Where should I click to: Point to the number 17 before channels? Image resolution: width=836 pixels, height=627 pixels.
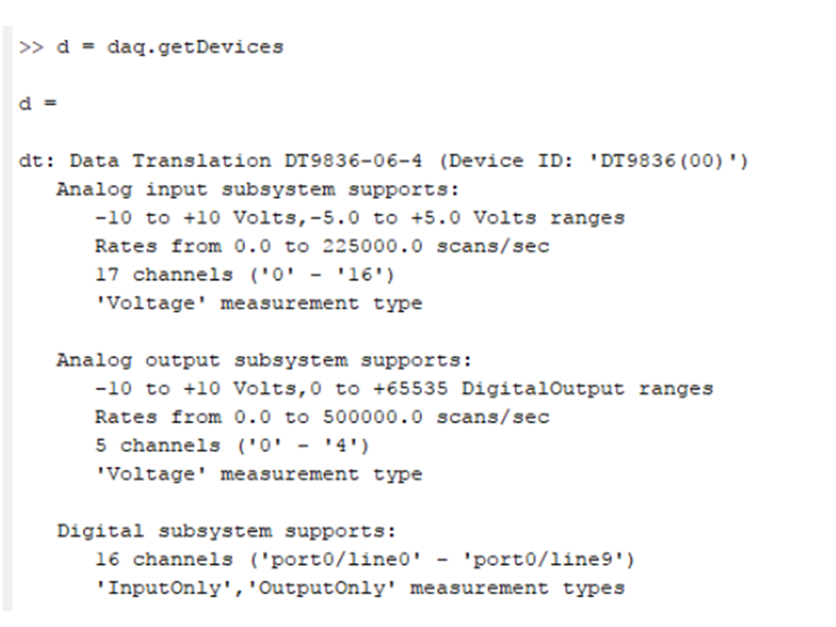(107, 274)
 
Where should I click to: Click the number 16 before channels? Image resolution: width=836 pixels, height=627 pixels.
(107, 559)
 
